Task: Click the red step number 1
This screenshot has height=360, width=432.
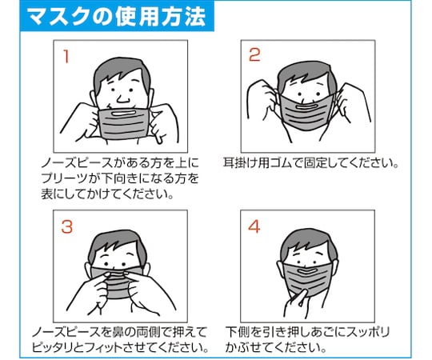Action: tap(67, 57)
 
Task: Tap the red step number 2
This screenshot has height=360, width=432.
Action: tap(254, 55)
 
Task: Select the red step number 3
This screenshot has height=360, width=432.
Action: tap(67, 226)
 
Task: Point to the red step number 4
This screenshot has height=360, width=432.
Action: tap(254, 226)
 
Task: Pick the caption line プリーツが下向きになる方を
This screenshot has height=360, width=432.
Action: tap(120, 178)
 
